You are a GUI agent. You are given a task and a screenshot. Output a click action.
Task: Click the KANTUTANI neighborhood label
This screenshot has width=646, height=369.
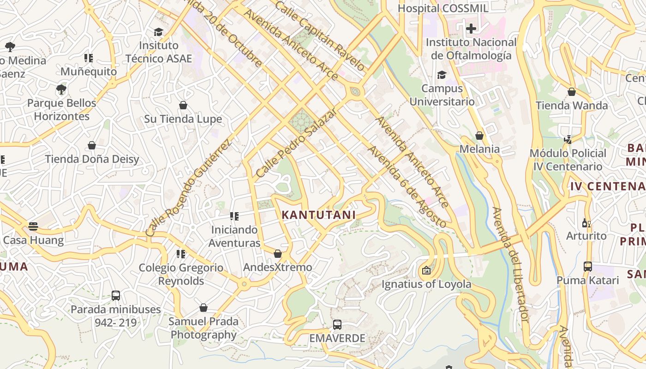(x=318, y=215)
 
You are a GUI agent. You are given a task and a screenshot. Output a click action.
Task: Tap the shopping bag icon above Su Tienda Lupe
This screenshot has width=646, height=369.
(x=183, y=106)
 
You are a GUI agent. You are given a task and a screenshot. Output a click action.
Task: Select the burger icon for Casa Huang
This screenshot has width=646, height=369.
(x=33, y=226)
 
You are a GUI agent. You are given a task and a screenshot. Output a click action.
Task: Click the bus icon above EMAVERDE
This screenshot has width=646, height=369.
(x=337, y=324)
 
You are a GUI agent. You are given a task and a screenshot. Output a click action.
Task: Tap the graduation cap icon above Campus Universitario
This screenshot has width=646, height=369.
(x=442, y=75)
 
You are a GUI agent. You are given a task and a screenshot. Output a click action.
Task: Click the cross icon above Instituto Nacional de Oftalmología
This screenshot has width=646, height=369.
(x=471, y=29)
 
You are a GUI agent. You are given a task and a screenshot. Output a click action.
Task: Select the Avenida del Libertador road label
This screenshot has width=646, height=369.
(x=510, y=264)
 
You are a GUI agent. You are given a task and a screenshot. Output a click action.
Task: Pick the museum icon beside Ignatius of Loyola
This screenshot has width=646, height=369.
(x=426, y=270)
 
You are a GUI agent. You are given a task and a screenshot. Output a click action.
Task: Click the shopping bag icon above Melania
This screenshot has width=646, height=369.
(x=479, y=136)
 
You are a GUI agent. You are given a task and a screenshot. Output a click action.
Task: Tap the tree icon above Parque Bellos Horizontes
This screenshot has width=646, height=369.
(x=61, y=89)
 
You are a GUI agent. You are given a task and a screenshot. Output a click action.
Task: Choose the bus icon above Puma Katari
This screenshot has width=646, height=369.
(x=587, y=266)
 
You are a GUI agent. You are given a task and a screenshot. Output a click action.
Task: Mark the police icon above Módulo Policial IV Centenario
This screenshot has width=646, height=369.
(x=568, y=139)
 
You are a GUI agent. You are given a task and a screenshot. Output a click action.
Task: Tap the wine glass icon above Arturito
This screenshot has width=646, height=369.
(x=586, y=223)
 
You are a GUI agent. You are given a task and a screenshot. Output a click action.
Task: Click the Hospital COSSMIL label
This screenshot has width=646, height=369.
(x=443, y=8)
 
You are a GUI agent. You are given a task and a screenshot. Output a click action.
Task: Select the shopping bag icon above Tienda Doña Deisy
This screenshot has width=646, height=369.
(x=92, y=146)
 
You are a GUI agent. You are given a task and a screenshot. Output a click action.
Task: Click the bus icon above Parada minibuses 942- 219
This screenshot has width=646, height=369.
(x=115, y=295)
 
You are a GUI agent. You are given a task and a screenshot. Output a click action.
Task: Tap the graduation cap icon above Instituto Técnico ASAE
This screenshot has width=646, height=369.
(x=158, y=32)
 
